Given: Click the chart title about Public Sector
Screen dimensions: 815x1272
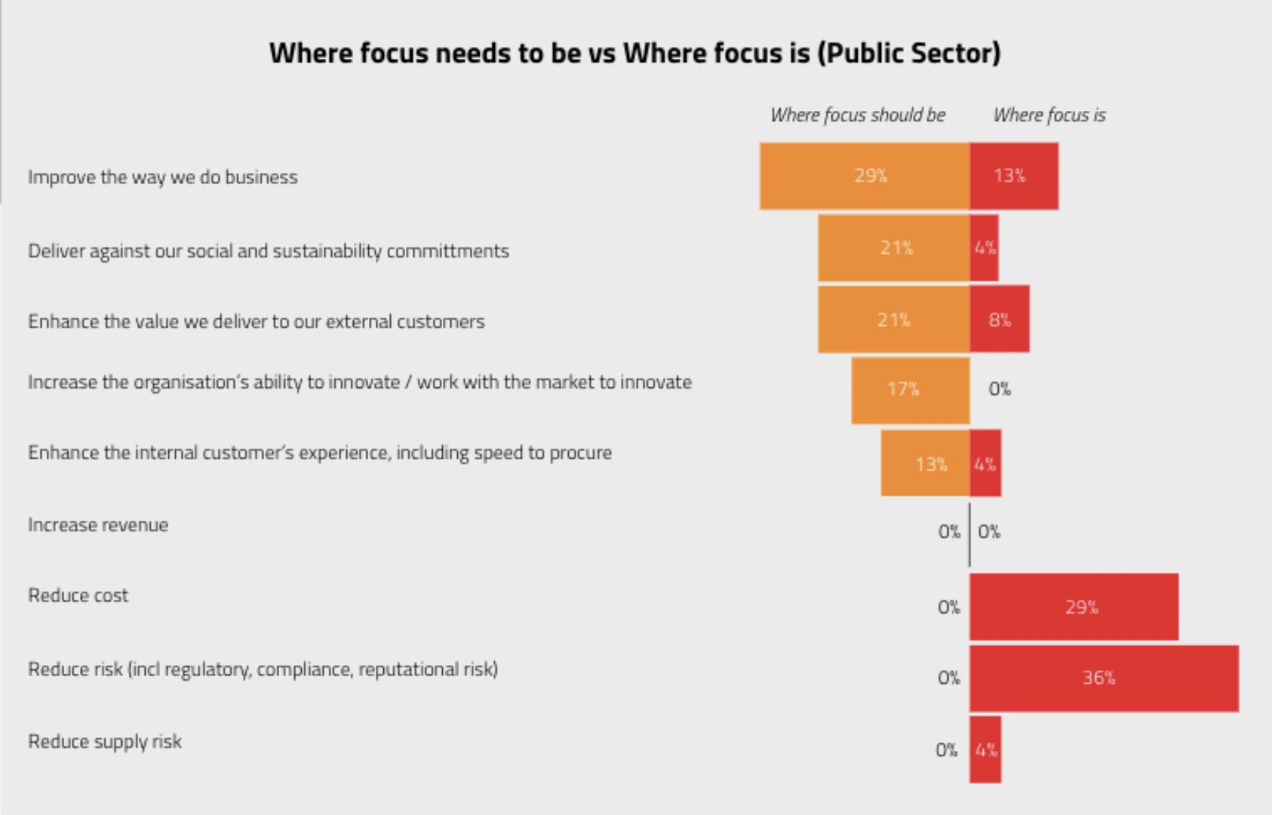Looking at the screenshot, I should point(634,54).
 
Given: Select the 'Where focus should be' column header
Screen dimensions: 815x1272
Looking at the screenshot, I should point(858,115).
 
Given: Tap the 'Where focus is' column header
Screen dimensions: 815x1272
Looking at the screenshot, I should point(1049,115).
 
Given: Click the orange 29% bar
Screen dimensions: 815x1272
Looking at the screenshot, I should point(865,176).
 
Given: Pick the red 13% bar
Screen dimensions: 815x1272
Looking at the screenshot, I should point(1014,176).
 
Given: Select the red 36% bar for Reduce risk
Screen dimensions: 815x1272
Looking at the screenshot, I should point(1104,678).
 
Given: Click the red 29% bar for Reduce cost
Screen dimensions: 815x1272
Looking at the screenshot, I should point(1074,607).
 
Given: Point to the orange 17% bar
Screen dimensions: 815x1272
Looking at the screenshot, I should point(910,389).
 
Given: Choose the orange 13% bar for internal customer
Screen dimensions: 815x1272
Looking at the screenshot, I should point(925,463).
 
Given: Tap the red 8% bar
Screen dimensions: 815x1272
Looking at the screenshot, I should point(1000,319).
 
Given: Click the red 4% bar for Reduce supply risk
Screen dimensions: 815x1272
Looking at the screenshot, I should point(985,749).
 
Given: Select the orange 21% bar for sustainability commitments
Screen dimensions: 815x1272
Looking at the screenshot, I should point(894,248).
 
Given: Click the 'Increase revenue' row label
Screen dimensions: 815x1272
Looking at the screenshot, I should point(98,524).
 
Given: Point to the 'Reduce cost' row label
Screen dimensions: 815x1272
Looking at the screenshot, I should point(78,595).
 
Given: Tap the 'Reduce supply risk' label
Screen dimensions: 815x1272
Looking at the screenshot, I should point(105,741).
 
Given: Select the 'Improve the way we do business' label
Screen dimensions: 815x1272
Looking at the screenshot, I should point(163,177).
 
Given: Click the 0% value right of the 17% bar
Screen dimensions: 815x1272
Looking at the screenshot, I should point(1000,389).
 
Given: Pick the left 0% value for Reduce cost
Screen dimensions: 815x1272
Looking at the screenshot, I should point(948,607).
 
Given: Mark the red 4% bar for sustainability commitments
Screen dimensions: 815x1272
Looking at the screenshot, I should point(985,248).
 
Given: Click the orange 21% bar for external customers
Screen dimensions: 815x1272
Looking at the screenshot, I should point(894,319).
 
